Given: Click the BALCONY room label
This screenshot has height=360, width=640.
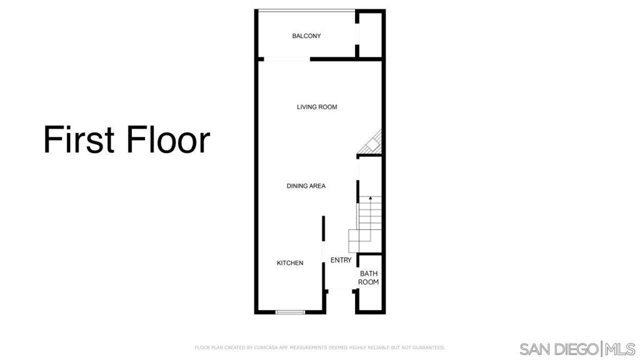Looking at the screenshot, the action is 306,36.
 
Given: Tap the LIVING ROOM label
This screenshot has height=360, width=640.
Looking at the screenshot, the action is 317,107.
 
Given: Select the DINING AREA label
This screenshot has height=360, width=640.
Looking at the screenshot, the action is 306,186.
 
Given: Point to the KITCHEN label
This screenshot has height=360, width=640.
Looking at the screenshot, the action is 290,263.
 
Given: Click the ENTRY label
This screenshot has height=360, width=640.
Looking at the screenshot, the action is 341,260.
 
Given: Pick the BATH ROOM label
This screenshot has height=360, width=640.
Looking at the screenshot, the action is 369,277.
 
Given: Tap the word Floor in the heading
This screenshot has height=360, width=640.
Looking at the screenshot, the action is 168,139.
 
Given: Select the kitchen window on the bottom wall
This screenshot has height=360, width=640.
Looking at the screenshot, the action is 290,312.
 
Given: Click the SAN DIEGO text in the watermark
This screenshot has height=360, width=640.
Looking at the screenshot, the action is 559,349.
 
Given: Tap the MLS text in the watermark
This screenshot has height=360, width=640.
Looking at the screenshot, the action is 620,349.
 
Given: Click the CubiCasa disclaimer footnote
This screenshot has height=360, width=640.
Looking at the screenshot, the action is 319,347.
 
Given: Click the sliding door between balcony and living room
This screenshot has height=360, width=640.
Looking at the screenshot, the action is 287,59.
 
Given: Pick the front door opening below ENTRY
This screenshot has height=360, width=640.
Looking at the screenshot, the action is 341,290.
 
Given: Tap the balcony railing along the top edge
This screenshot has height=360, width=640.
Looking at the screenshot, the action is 306,10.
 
